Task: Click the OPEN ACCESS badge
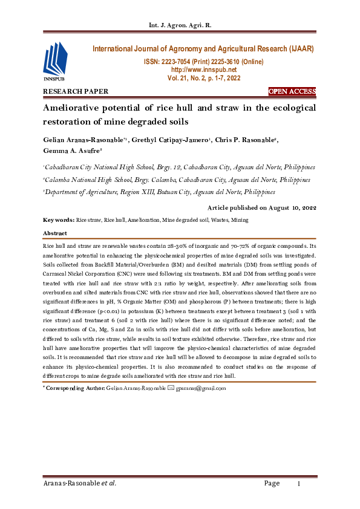[292, 92]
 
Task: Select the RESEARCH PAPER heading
[75, 92]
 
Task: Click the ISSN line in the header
[203, 62]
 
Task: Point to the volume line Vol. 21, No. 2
[203, 79]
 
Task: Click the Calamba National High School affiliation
[177, 180]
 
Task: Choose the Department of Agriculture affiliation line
[160, 192]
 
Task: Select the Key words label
[58, 221]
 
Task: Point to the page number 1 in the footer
[298, 484]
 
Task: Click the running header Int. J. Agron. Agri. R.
[179, 25]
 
